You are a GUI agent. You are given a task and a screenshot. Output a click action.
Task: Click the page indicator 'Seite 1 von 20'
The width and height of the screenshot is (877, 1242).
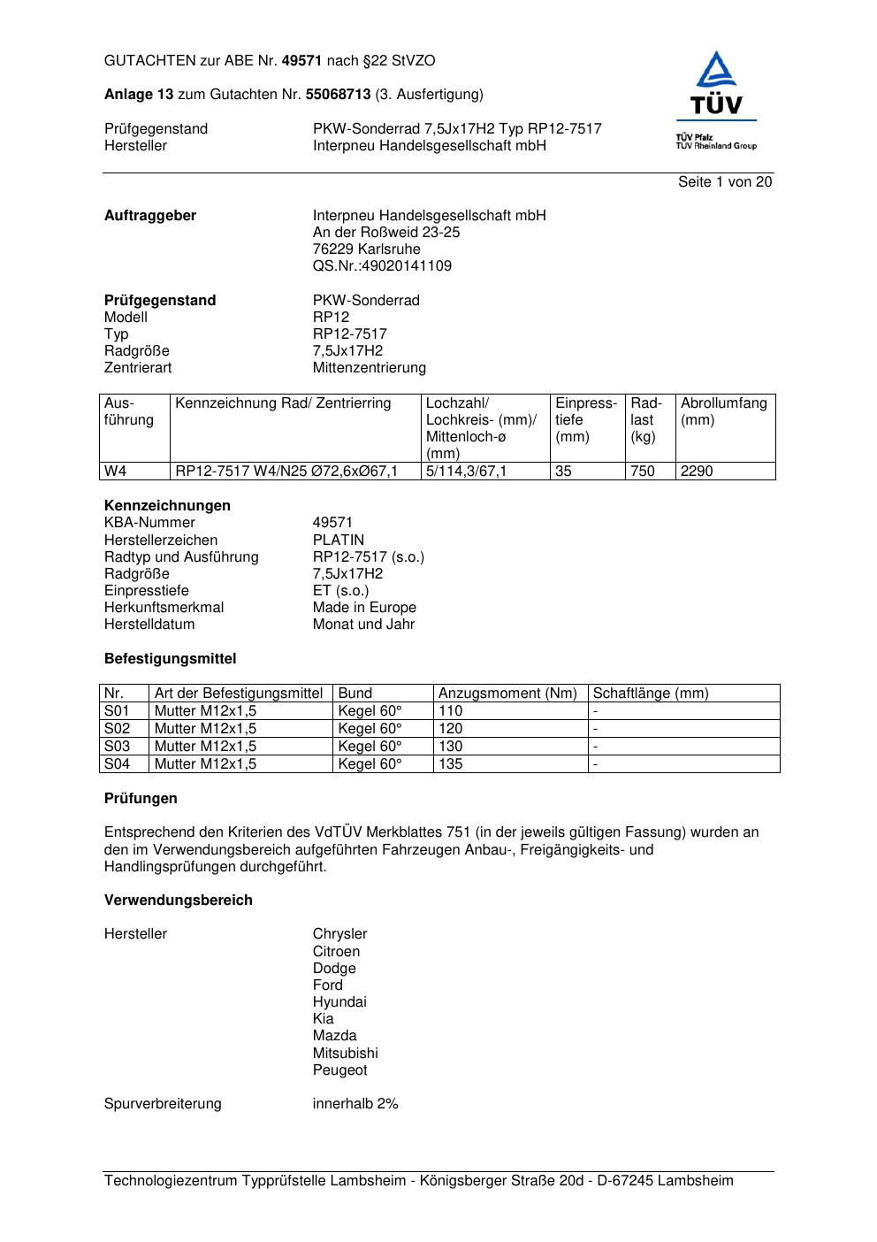[725, 182]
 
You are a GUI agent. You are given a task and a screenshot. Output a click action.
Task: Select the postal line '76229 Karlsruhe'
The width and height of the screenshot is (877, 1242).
[366, 249]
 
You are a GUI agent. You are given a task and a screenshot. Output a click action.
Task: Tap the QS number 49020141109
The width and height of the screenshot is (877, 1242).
[382, 266]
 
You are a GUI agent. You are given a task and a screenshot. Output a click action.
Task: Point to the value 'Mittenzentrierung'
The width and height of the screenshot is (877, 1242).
[369, 368]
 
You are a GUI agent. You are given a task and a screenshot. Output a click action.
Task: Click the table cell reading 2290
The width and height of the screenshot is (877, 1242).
[697, 471]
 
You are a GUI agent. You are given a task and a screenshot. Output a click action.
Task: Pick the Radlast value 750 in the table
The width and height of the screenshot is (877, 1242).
[643, 471]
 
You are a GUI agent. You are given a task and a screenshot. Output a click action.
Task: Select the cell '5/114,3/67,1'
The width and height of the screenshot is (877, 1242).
[467, 471]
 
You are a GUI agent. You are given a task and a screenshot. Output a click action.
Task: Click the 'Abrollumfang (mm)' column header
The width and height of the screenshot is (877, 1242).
[723, 411]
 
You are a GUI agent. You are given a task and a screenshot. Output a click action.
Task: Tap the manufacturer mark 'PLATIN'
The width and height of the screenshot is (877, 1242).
[338, 540]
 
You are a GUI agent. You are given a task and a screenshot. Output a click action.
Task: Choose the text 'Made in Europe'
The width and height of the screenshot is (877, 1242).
[364, 608]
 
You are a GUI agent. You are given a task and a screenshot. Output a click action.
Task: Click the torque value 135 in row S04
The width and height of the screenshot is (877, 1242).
[451, 764]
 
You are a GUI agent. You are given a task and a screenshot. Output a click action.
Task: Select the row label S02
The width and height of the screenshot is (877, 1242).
[117, 729]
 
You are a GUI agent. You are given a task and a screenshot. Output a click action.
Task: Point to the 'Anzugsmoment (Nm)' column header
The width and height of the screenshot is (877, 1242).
[507, 694]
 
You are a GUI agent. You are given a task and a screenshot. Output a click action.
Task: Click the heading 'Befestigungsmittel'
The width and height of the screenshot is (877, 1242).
[170, 659]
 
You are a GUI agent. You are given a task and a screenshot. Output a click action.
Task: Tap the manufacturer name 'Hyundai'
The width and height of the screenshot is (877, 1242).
[339, 1002]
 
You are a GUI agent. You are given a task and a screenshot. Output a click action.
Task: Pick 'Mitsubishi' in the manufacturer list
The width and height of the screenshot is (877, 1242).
[345, 1054]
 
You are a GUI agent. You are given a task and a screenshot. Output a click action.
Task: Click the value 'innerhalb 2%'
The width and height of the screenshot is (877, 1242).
[355, 1104]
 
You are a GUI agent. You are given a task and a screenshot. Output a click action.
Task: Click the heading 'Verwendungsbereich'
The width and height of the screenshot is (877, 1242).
[179, 901]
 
